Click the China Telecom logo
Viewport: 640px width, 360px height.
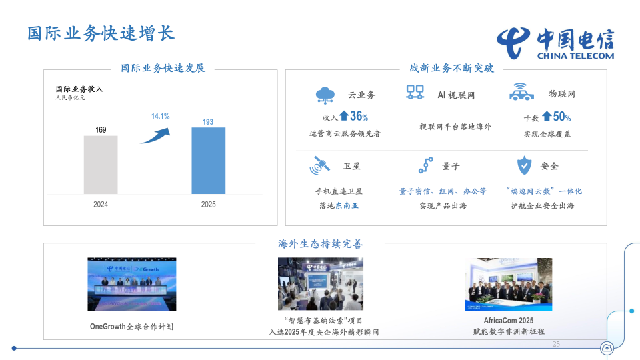[x=555, y=45]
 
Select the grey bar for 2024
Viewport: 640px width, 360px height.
[x=101, y=165]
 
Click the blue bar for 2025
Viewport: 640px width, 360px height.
[x=208, y=161]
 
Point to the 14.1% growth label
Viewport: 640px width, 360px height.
[x=160, y=116]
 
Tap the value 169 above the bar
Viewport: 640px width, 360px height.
[x=101, y=129]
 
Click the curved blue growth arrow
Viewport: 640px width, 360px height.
[x=155, y=133]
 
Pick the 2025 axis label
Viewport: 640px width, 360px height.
[x=208, y=205]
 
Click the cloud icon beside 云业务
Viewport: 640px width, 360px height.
[x=325, y=95]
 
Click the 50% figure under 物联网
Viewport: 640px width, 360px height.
[x=561, y=117]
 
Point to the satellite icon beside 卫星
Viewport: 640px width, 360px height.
[x=320, y=165]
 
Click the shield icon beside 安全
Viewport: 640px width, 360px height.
[x=525, y=165]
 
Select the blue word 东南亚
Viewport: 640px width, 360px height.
[x=347, y=205]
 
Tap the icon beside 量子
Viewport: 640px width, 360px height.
[x=425, y=165]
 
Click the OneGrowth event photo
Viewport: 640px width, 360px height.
[x=133, y=284]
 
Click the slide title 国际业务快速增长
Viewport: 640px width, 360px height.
[x=101, y=33]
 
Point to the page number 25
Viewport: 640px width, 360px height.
[x=556, y=344]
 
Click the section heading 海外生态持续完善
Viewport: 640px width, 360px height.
[x=320, y=243]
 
